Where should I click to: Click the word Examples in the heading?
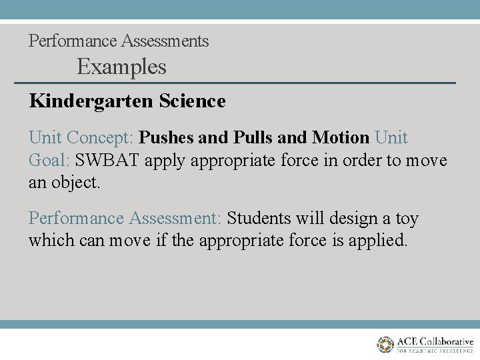pyautogui.click(x=121, y=67)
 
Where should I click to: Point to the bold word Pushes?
pyautogui.click(x=167, y=138)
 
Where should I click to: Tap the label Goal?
pyautogui.click(x=49, y=161)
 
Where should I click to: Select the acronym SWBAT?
pyautogui.click(x=107, y=161)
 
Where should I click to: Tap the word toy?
pyautogui.click(x=407, y=219)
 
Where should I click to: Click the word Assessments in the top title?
pyautogui.click(x=165, y=41)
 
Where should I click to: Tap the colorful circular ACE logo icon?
pyautogui.click(x=385, y=344)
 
